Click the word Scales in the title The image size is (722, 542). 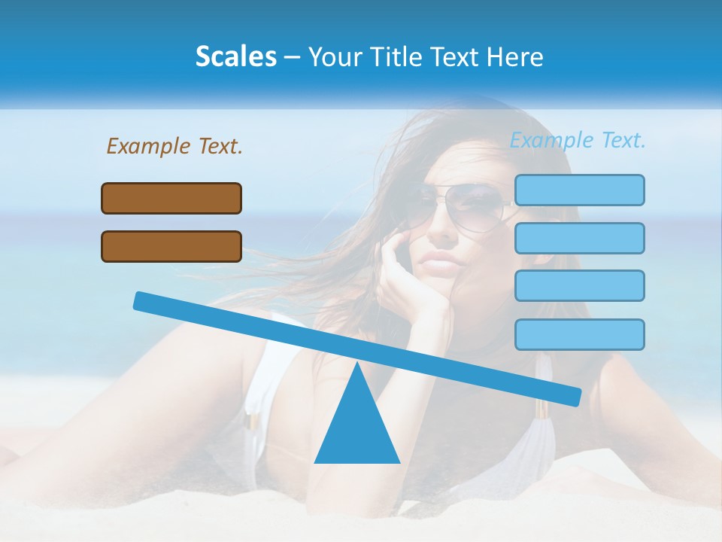pyautogui.click(x=235, y=56)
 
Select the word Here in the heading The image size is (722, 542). pyautogui.click(x=516, y=56)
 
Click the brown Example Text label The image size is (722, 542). pyautogui.click(x=174, y=146)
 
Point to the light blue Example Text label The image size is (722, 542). pyautogui.click(x=578, y=140)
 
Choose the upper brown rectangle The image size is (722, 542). pyautogui.click(x=171, y=198)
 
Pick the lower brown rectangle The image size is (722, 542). pyautogui.click(x=171, y=246)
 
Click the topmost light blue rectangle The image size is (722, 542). pyautogui.click(x=579, y=190)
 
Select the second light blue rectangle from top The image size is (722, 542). pyautogui.click(x=579, y=238)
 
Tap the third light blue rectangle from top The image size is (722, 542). pyautogui.click(x=579, y=286)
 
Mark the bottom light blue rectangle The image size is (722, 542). pyautogui.click(x=579, y=334)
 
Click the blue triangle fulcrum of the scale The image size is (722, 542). pyautogui.click(x=356, y=429)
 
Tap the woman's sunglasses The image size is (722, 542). pyautogui.click(x=459, y=206)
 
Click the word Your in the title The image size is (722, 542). pyautogui.click(x=333, y=56)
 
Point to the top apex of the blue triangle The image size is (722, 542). pyautogui.click(x=356, y=364)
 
